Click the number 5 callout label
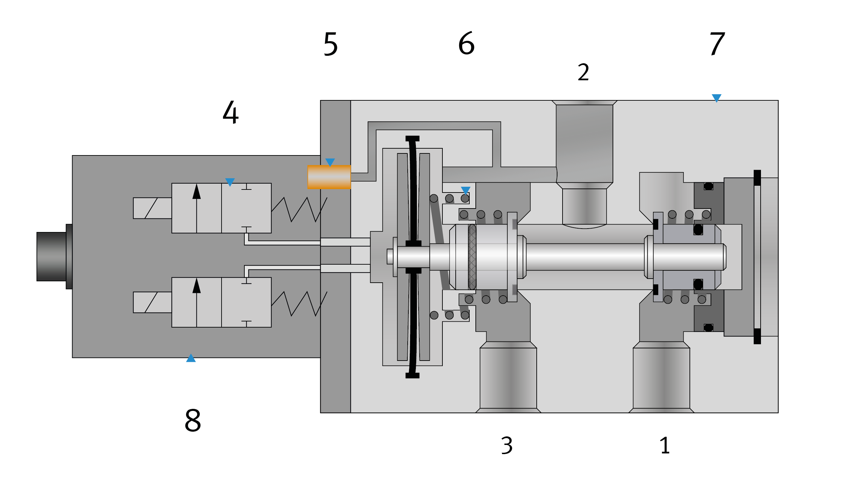tap(330, 44)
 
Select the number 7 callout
tap(717, 44)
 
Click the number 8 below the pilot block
tap(193, 420)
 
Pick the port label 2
tap(583, 72)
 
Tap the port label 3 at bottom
tap(507, 445)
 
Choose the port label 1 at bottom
tap(665, 445)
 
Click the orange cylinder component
tap(329, 177)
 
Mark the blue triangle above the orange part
tap(330, 162)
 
